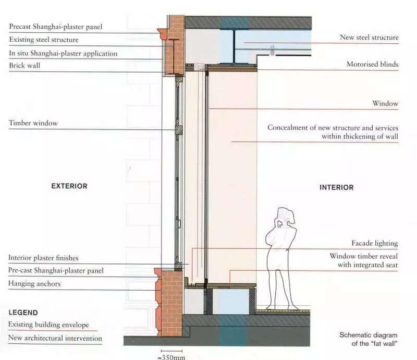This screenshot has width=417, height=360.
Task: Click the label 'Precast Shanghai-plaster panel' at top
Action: (x=56, y=27)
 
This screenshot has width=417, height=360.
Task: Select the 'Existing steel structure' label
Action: (x=44, y=40)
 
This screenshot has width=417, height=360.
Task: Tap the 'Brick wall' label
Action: (x=24, y=66)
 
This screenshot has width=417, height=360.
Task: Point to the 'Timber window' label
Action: (x=33, y=123)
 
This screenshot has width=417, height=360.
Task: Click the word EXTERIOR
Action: (x=69, y=186)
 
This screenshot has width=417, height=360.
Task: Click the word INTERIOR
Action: (x=336, y=187)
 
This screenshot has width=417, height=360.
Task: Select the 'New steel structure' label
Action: (x=369, y=38)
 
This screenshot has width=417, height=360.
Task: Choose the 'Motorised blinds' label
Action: (x=372, y=65)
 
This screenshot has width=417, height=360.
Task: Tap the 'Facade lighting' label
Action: (x=375, y=243)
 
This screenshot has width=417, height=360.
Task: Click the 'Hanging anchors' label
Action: (x=34, y=284)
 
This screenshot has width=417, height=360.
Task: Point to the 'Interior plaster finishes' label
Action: (x=43, y=258)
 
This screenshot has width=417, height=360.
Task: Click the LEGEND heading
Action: (x=23, y=313)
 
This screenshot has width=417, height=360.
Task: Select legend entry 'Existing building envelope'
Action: (x=48, y=325)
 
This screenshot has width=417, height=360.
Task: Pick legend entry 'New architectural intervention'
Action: (x=55, y=338)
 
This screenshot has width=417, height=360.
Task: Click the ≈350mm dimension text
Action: (x=171, y=357)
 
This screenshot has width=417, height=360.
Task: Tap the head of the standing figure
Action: (x=286, y=216)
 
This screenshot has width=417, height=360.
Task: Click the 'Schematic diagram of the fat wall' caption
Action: (x=369, y=339)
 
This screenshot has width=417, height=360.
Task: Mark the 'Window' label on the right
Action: (x=385, y=104)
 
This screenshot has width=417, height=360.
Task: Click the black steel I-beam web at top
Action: (x=234, y=46)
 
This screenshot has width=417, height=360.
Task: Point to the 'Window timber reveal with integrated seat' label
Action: (x=364, y=260)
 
